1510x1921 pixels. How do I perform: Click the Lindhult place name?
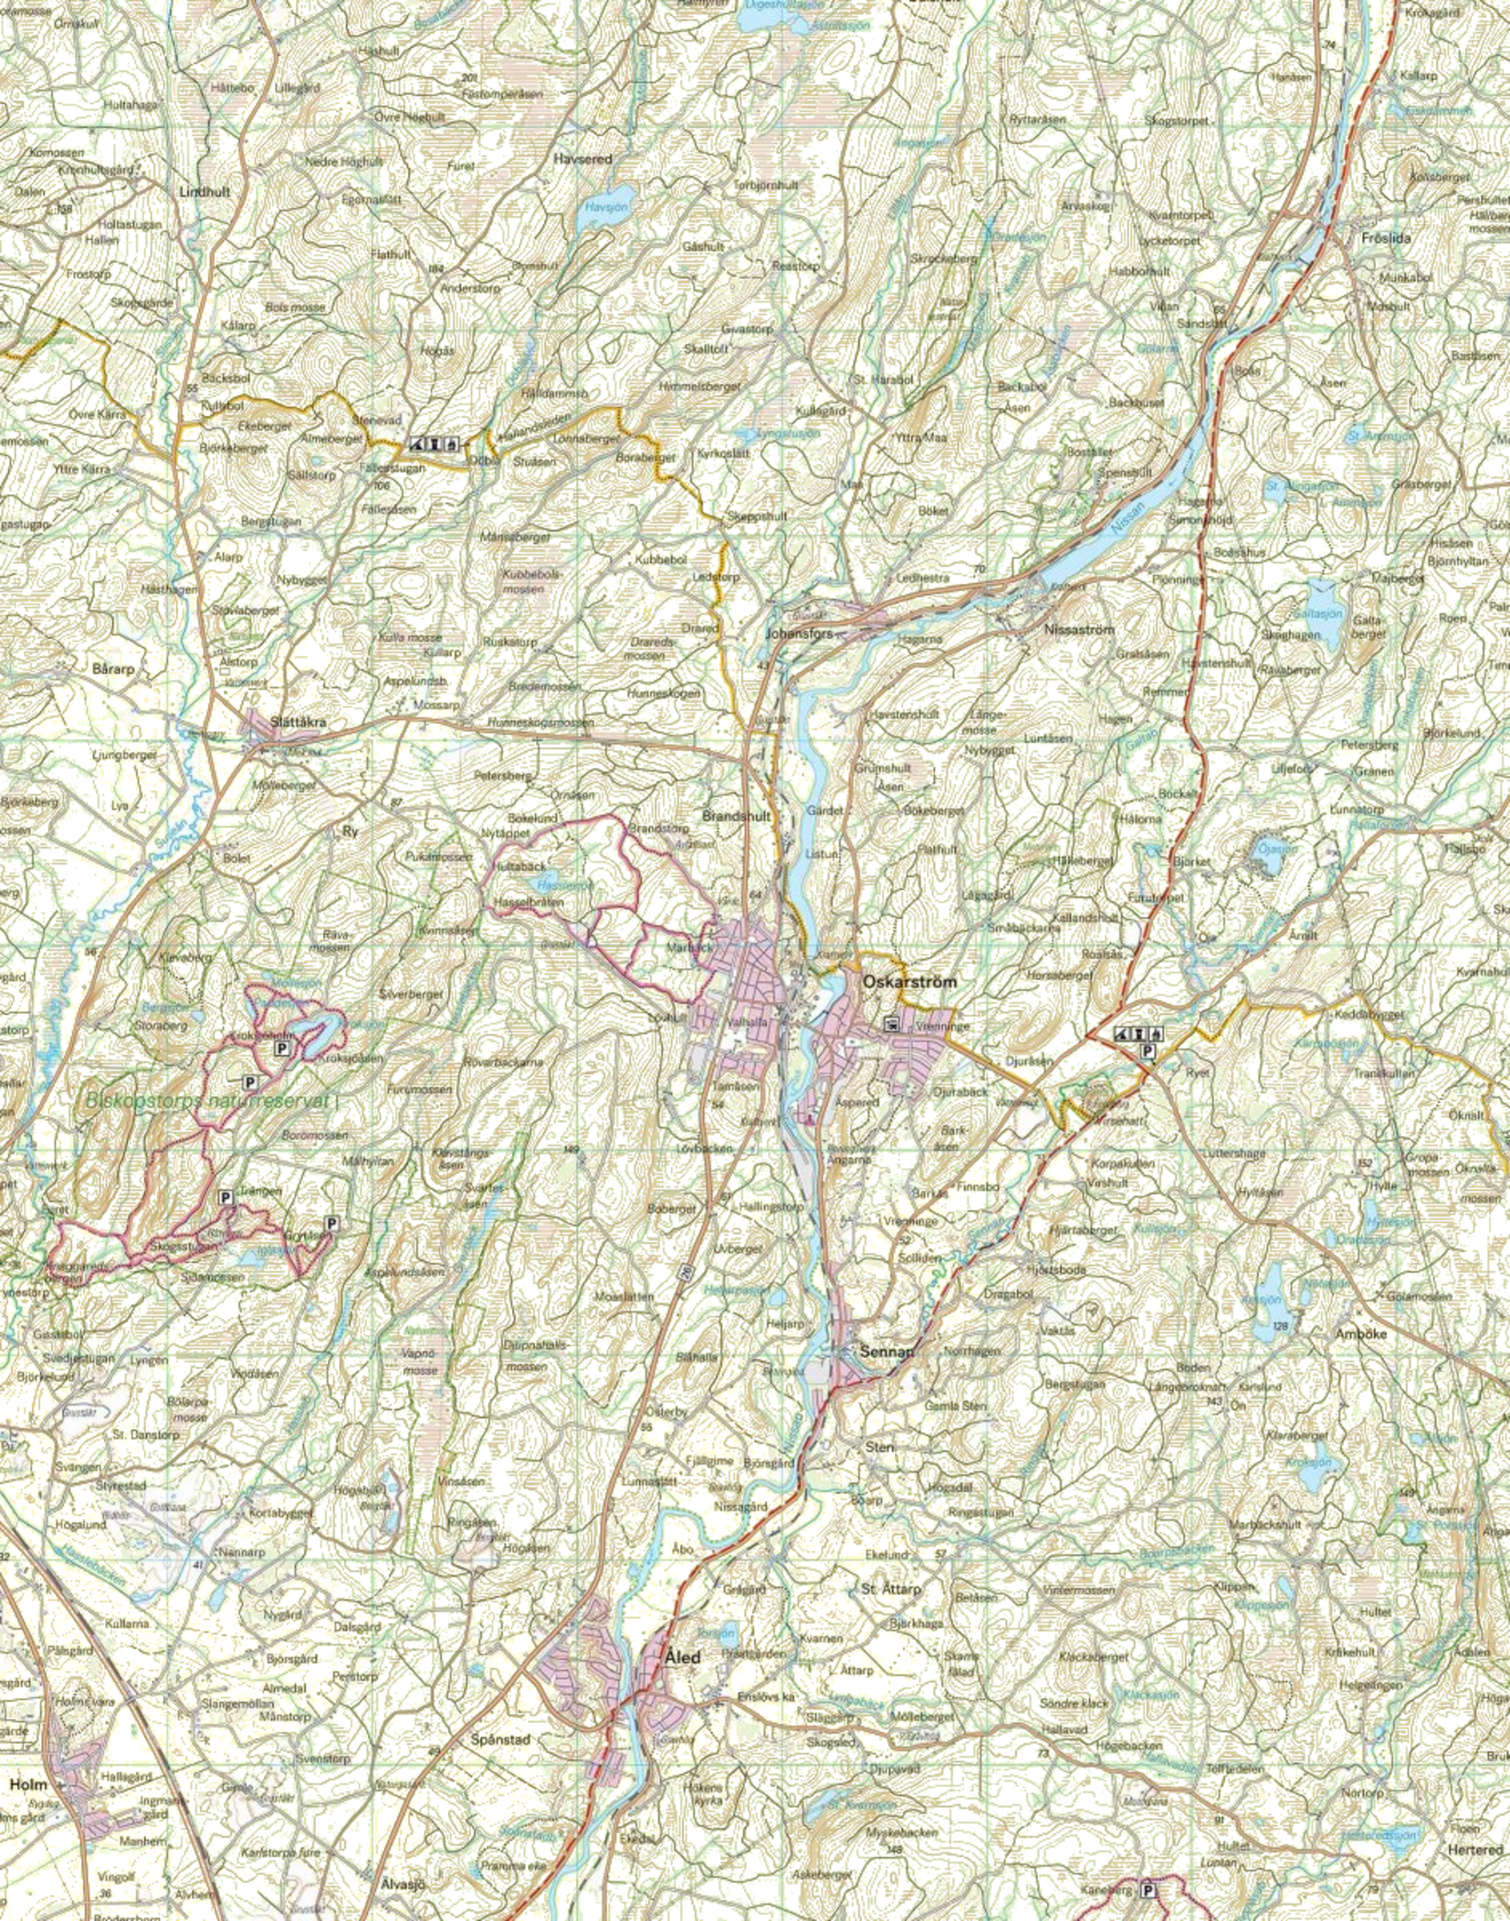(204, 190)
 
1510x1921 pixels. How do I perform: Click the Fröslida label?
(1387, 238)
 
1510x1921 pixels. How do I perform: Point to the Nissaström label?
(1079, 629)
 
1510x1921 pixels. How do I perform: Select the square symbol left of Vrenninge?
(891, 1024)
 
